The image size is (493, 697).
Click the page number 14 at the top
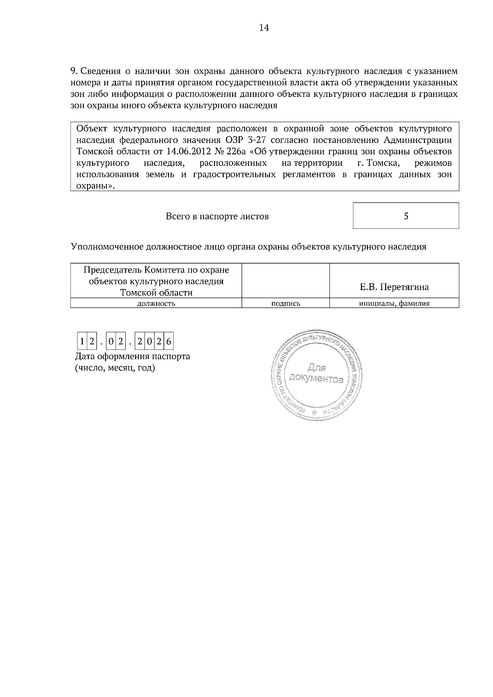tap(264, 28)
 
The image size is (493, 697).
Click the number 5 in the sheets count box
tap(406, 216)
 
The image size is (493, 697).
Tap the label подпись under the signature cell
tap(286, 304)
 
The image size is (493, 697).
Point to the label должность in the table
tap(156, 304)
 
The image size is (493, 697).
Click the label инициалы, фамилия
tap(394, 304)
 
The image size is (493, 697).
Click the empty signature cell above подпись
tap(286, 280)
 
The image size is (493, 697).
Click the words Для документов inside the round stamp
tap(316, 373)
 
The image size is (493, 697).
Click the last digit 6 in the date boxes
tap(169, 342)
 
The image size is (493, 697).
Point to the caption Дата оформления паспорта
tap(133, 356)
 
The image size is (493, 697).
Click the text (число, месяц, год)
tap(115, 367)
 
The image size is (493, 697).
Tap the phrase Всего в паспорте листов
tap(217, 216)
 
